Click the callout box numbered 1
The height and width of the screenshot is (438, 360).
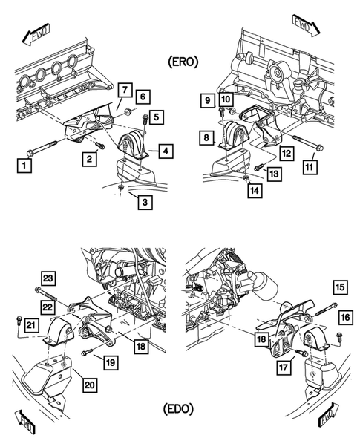26,166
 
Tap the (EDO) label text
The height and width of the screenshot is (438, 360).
180,408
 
